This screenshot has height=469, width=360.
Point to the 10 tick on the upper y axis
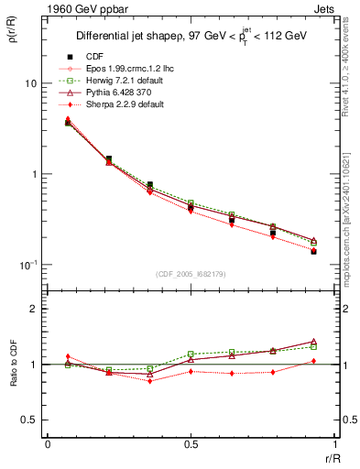click(x=29, y=83)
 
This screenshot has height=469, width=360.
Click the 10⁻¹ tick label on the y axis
click(x=27, y=265)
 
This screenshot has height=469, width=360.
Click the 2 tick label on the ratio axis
click(x=33, y=310)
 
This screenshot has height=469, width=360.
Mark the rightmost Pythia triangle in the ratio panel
click(x=314, y=341)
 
